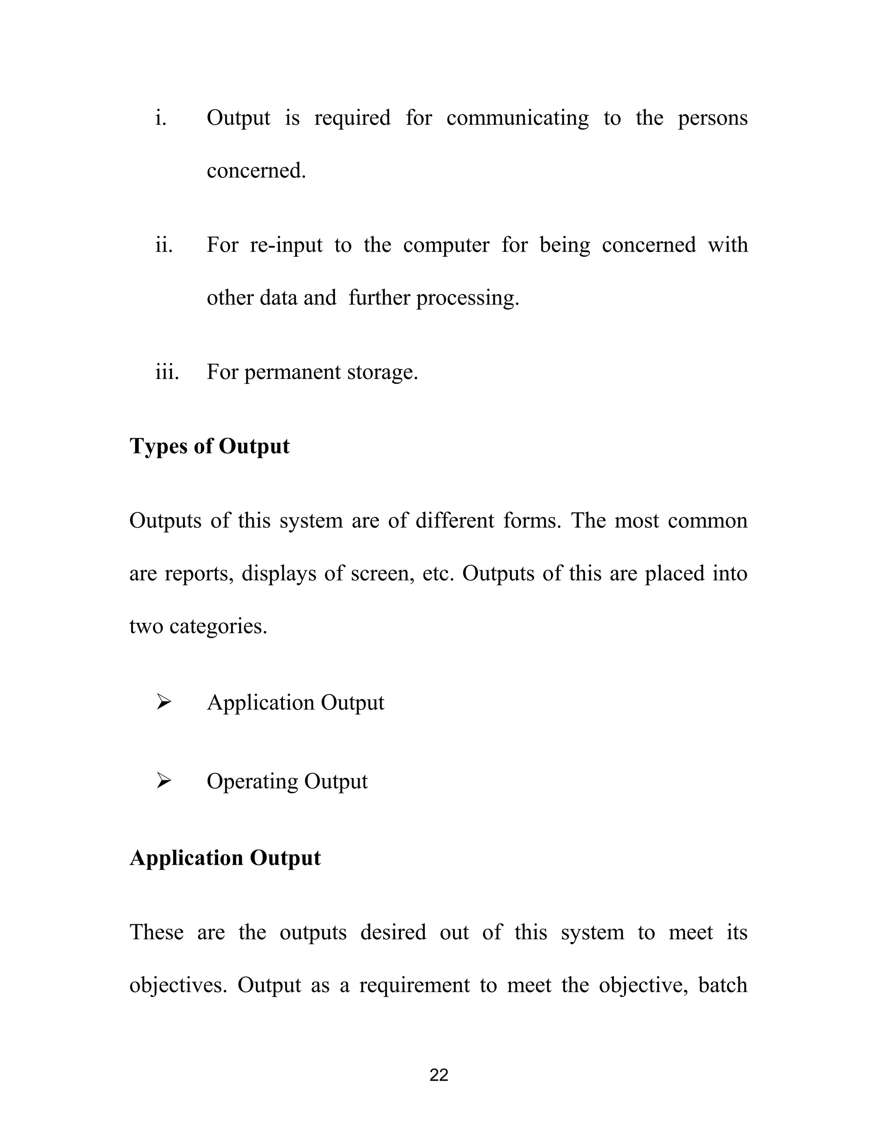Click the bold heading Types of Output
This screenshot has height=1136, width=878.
click(209, 446)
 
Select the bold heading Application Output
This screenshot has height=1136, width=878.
click(225, 858)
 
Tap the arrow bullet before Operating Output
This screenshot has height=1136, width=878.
click(164, 781)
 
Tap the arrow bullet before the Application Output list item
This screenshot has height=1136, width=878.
click(164, 703)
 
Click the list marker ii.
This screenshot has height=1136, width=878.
click(164, 245)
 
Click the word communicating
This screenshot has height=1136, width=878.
click(517, 118)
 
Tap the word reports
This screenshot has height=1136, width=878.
click(199, 573)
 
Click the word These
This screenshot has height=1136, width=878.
click(156, 932)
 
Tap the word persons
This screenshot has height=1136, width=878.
click(712, 118)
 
